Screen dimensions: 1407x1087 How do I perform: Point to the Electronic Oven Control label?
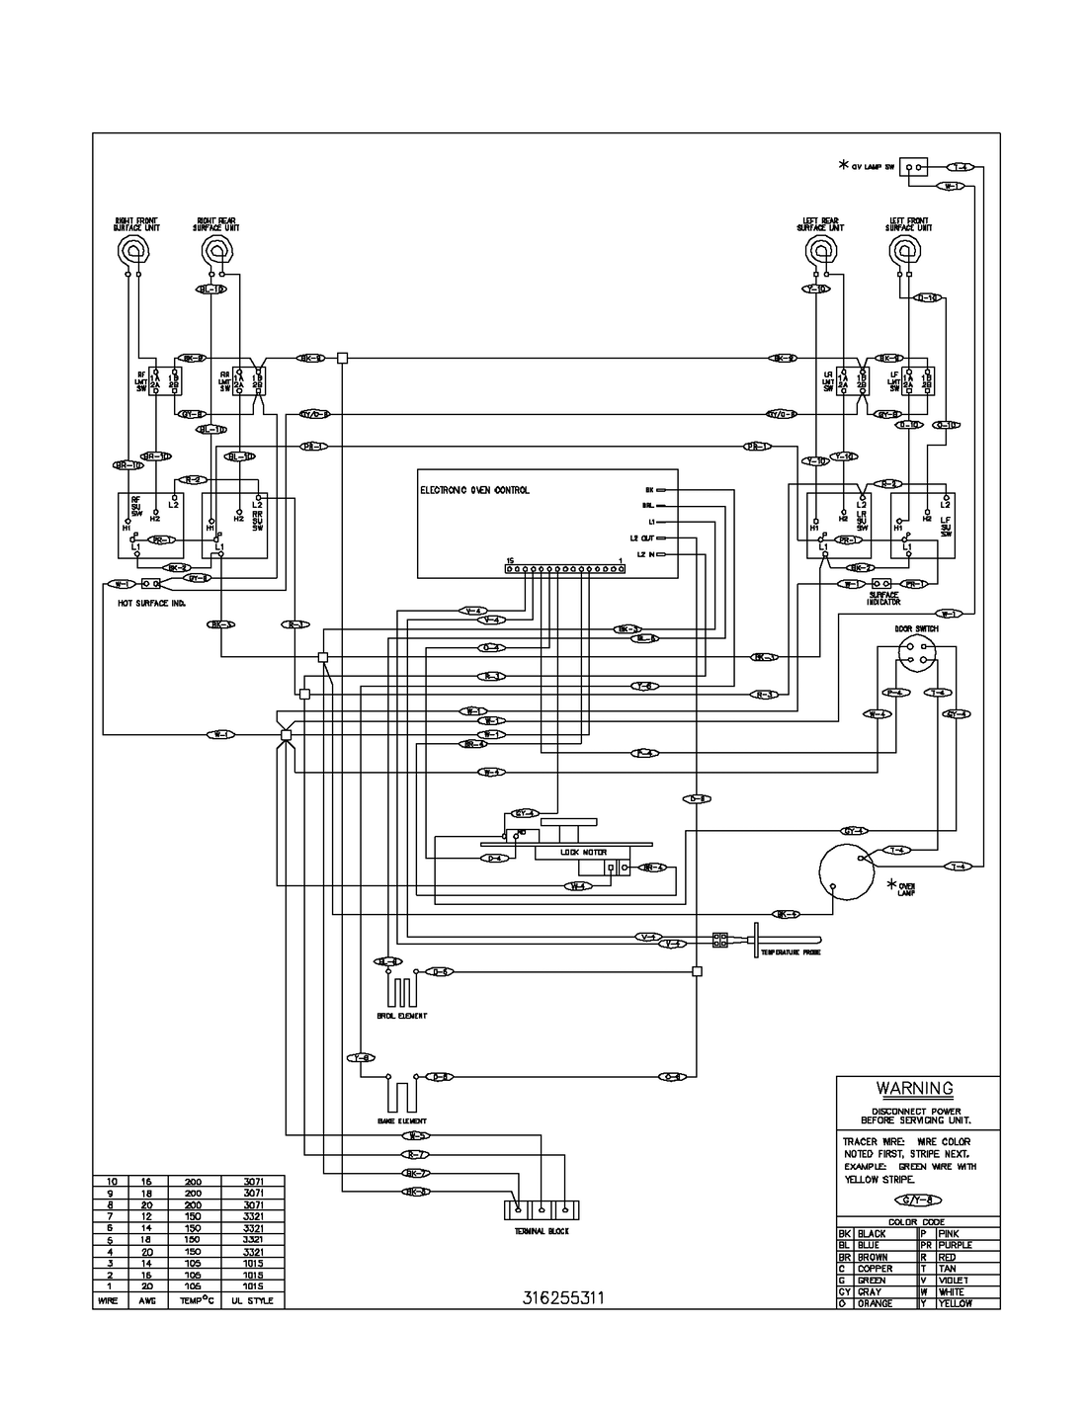pyautogui.click(x=474, y=490)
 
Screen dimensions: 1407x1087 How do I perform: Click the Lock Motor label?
pyautogui.click(x=583, y=852)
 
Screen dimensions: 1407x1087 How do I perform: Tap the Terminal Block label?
pyautogui.click(x=541, y=1231)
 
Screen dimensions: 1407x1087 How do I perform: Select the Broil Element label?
pyautogui.click(x=402, y=1016)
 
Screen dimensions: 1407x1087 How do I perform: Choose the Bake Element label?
pyautogui.click(x=402, y=1121)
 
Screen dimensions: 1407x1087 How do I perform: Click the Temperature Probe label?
pyautogui.click(x=791, y=952)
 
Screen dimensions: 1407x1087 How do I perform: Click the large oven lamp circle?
pyautogui.click(x=843, y=872)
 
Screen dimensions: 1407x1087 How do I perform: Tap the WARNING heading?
pyautogui.click(x=915, y=1088)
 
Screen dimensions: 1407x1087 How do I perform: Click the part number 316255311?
pyautogui.click(x=562, y=1298)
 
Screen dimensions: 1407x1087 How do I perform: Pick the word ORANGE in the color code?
pyautogui.click(x=876, y=1303)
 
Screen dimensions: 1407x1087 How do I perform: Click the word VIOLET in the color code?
pyautogui.click(x=956, y=1280)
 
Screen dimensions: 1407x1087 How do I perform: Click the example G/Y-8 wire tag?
pyautogui.click(x=915, y=1200)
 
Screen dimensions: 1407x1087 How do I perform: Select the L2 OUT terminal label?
pyautogui.click(x=641, y=538)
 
